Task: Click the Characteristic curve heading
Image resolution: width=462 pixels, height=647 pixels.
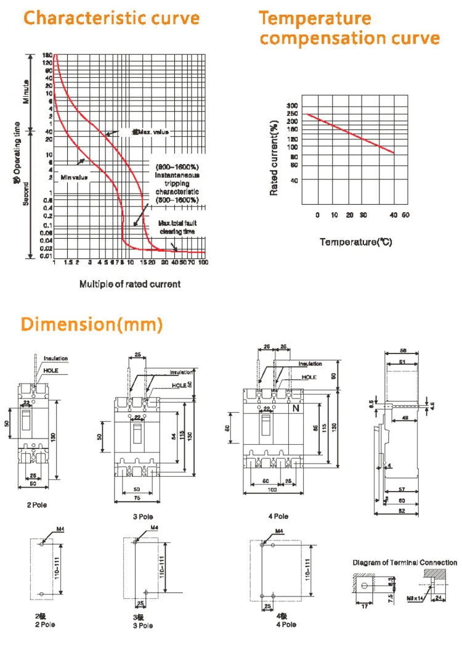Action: (x=111, y=18)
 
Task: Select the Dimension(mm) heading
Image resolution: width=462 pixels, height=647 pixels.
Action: (x=92, y=324)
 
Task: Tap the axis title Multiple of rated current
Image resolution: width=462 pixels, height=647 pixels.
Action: (x=129, y=284)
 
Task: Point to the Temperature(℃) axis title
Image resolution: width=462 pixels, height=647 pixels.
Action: (x=355, y=242)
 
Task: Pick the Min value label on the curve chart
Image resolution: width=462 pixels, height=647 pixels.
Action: (x=74, y=178)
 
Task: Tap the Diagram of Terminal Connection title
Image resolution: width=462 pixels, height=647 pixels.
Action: (x=405, y=563)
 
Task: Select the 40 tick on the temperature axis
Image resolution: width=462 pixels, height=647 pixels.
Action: (x=393, y=215)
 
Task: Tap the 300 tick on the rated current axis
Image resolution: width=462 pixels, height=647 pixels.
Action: (x=293, y=105)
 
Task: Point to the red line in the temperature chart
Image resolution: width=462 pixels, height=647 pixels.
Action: (x=351, y=134)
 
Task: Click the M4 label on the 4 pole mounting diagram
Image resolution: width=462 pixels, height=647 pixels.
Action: (x=278, y=530)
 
